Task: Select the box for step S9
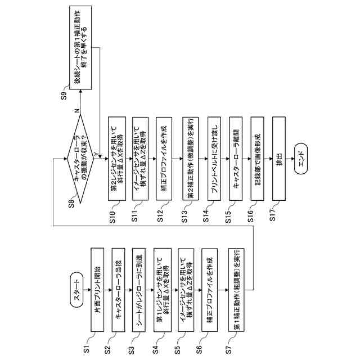coord(82,47)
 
